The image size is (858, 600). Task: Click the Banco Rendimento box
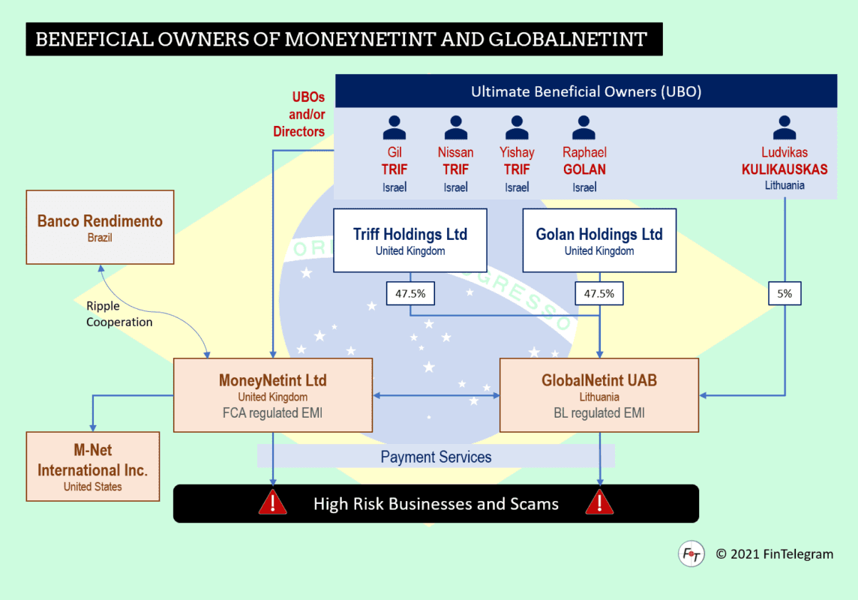pos(100,227)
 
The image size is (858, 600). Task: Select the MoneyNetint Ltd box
pos(273,395)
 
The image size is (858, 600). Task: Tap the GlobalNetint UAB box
pos(599,395)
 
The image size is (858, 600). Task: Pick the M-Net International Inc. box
pos(93,466)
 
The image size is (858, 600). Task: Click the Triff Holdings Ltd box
pos(410,240)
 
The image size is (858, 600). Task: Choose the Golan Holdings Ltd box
pos(599,240)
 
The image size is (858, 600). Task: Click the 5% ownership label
pos(784,294)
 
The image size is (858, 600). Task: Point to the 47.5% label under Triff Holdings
pos(410,294)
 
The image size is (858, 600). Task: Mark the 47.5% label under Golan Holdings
pos(599,294)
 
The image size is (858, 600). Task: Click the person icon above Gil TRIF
pos(394,128)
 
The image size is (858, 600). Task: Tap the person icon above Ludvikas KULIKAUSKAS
pos(784,128)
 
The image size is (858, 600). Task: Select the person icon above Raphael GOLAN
pos(584,128)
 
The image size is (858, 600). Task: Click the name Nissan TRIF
pos(455,161)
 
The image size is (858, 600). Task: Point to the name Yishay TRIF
pos(517,161)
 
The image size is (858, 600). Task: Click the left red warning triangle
pos(272,502)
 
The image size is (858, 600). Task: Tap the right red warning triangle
pos(599,502)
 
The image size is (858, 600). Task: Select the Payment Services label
pos(436,457)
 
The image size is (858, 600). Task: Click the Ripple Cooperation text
pos(119,314)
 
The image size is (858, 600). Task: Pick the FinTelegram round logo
pos(691,554)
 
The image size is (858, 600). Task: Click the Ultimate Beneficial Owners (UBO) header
pos(586,92)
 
